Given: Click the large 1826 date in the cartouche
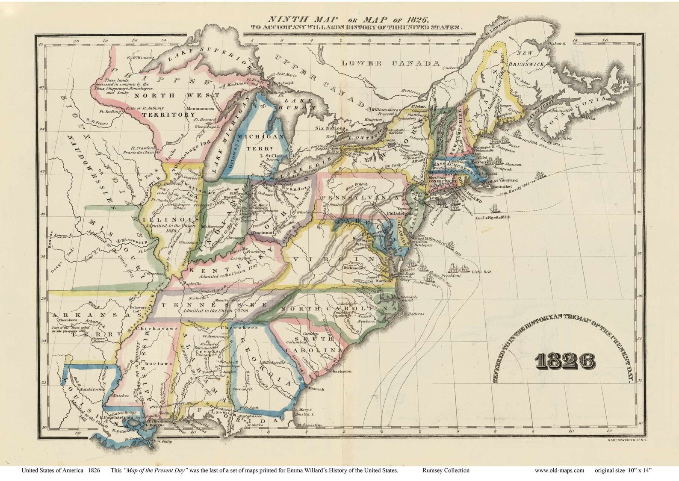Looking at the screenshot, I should click(x=562, y=362).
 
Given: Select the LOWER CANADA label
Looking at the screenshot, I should click(x=391, y=63).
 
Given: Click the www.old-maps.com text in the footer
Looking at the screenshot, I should click(x=559, y=470).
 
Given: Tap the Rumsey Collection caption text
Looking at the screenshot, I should click(x=446, y=470).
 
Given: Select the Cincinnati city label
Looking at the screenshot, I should click(x=264, y=233).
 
